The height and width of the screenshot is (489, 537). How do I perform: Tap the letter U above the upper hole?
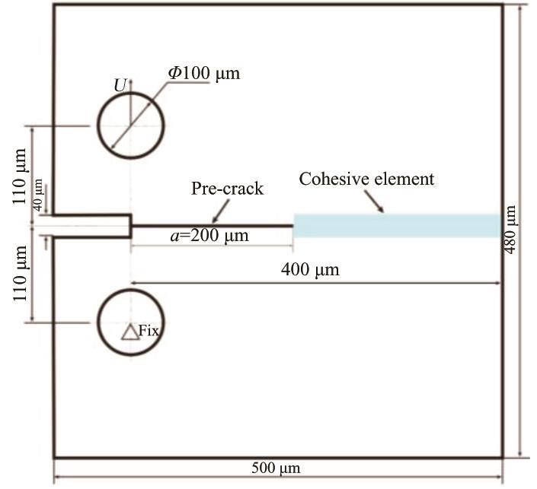pos(120,86)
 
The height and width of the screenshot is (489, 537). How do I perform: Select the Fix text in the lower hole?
pos(150,329)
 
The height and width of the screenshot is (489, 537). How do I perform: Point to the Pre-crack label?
pos(227,188)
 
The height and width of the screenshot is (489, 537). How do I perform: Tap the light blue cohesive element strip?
pos(396,225)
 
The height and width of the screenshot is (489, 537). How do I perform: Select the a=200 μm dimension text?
pos(209,236)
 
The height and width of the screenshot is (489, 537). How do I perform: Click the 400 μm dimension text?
pos(310,269)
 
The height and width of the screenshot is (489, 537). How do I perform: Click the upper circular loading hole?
pos(130,125)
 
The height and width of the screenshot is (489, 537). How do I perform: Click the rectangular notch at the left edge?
pos(91,226)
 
